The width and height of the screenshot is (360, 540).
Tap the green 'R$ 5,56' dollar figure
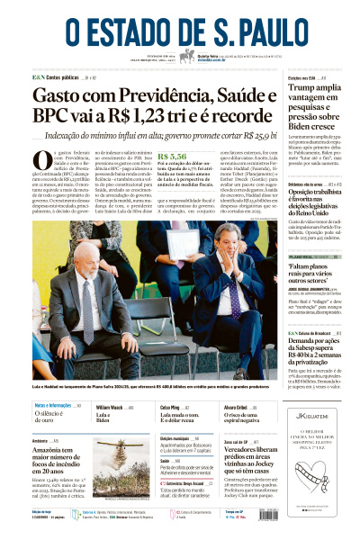click(171, 156)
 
